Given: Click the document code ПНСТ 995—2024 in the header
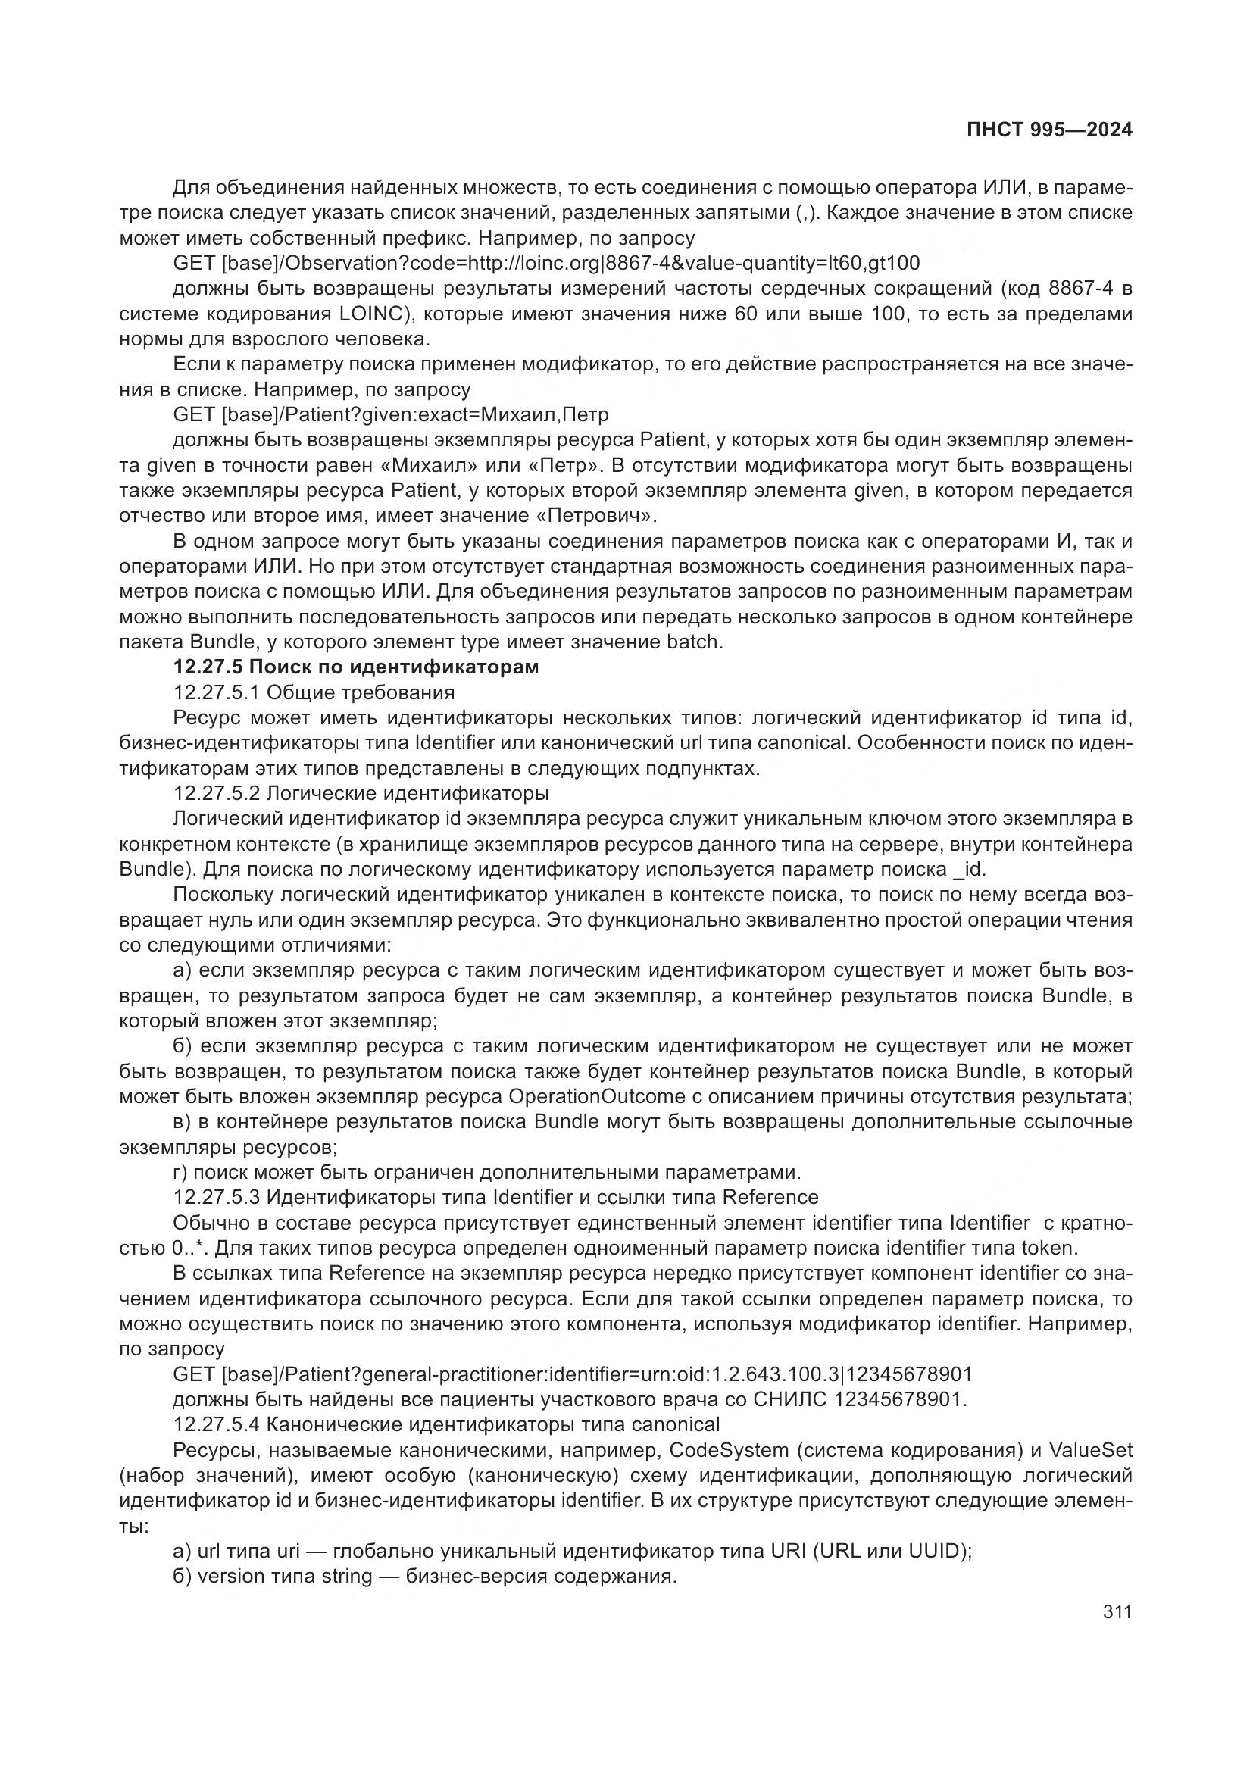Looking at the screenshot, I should (x=1049, y=130).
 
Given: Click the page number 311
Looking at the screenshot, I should (x=1117, y=1611).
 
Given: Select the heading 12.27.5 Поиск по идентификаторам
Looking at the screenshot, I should (x=356, y=667).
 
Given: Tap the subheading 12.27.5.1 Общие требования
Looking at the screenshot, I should (x=314, y=692).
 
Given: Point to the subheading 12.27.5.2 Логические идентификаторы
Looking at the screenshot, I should (x=361, y=793).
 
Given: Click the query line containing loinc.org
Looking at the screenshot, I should (x=546, y=263).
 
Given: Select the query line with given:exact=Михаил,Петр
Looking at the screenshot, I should (x=390, y=414).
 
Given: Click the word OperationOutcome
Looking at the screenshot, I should (x=597, y=1097).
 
